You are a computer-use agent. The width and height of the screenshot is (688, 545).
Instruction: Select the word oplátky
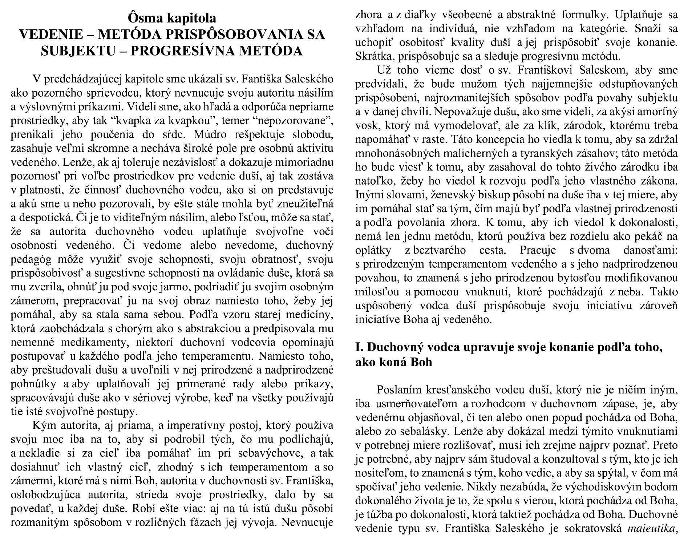click(x=373, y=250)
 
